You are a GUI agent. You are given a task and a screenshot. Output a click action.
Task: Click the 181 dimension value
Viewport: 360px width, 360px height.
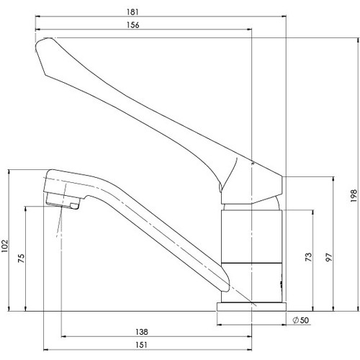pos(132,12)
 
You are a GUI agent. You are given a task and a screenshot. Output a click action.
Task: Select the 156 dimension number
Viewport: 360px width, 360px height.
pos(132,25)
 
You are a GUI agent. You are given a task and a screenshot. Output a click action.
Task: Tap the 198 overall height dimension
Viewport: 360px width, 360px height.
pos(354,196)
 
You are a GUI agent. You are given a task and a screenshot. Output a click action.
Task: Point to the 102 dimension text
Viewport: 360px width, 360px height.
pos(5,246)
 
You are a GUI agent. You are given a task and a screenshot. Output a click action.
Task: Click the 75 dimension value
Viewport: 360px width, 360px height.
pos(22,258)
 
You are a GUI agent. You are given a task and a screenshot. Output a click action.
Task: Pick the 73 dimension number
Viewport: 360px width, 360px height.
pos(309,257)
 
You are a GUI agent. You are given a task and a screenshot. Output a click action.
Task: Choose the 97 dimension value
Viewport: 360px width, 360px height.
pos(329,257)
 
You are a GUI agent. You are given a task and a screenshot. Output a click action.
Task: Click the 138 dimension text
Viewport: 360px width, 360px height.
pos(142,332)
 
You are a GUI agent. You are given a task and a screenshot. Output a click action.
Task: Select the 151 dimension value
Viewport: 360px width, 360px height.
pos(141,345)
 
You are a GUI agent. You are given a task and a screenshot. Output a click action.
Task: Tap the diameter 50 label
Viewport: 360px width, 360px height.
pos(301,320)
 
